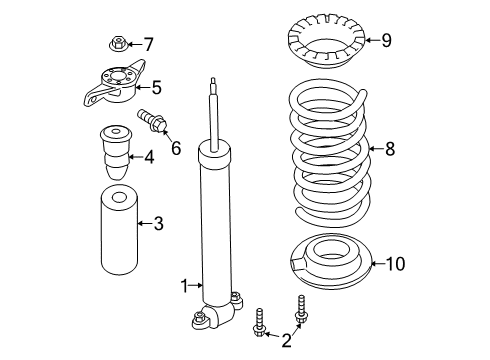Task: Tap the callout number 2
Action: pyautogui.click(x=287, y=341)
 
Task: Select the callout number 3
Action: pyautogui.click(x=157, y=223)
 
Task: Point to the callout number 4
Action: pyautogui.click(x=148, y=156)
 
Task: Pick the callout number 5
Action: pyautogui.click(x=155, y=87)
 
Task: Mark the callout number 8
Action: pyautogui.click(x=389, y=149)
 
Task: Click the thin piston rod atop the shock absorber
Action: pyautogui.click(x=215, y=110)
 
